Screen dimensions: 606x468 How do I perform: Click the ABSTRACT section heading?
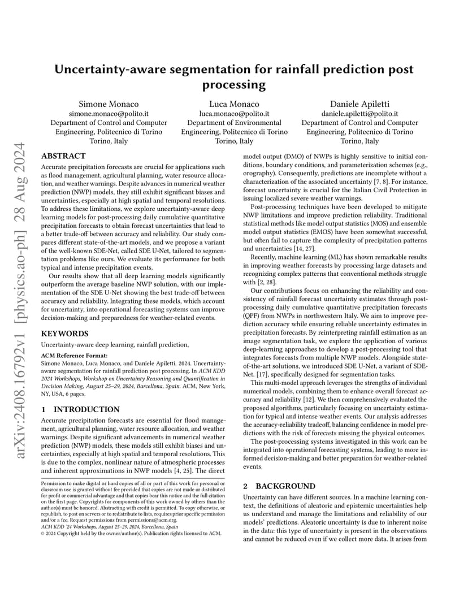click(63, 156)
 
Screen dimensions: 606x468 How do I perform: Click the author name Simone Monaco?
click(109, 104)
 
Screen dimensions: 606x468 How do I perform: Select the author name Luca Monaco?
click(234, 104)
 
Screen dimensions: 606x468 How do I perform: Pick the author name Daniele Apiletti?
click(359, 104)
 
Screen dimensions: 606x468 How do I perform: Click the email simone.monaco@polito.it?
click(109, 114)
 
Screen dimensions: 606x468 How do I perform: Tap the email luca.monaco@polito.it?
click(234, 114)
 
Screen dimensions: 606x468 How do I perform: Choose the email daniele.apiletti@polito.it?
click(359, 114)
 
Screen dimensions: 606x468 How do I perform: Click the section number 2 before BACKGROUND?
click(245, 486)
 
